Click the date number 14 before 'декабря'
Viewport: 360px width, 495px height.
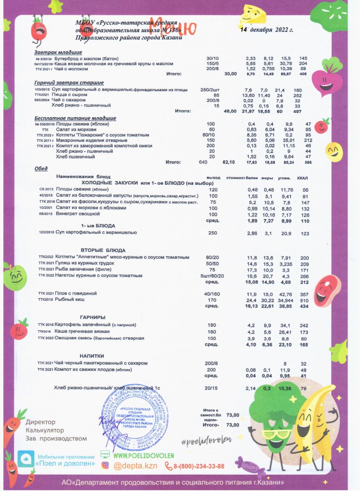pos(244,30)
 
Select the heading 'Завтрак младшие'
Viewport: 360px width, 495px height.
pos(58,52)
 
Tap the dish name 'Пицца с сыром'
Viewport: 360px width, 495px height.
pos(68,95)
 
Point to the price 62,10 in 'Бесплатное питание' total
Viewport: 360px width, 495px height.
pos(229,162)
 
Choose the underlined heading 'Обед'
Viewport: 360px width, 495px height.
pos(41,168)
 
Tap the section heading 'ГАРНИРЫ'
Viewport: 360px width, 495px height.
pos(92,317)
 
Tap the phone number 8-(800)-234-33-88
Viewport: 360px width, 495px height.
pos(199,466)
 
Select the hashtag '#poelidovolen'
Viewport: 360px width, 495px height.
pos(206,441)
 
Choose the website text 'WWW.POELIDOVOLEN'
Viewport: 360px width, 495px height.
pos(143,455)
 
